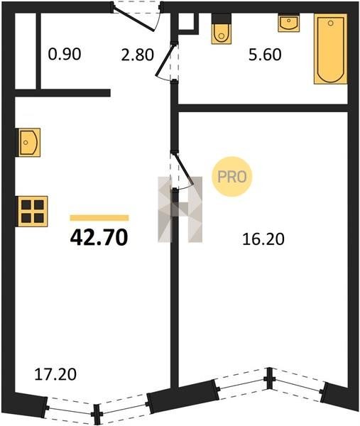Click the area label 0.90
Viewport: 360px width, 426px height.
click(65, 54)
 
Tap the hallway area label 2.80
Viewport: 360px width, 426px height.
click(138, 55)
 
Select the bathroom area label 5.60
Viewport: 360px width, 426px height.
click(265, 55)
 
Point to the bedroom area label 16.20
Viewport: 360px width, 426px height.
click(263, 239)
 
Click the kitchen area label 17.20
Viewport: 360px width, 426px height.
click(55, 374)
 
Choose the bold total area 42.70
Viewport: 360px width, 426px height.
click(99, 237)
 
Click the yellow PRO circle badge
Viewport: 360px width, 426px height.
click(232, 177)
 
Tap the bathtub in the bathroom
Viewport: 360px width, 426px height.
click(331, 48)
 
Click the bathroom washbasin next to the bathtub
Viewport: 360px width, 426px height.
click(288, 23)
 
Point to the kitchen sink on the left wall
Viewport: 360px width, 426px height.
click(29, 143)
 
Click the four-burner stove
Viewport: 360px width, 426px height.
click(33, 211)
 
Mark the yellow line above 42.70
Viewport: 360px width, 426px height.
click(99, 218)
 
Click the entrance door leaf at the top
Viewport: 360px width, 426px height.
click(133, 19)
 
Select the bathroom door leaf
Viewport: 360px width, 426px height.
click(165, 60)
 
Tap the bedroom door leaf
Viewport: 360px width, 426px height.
click(183, 170)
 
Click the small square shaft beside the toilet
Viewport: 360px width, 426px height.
click(187, 22)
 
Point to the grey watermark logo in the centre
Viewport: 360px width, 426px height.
click(180, 209)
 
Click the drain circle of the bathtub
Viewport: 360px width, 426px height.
click(331, 23)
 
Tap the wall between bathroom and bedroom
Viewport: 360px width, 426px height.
click(263, 108)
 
